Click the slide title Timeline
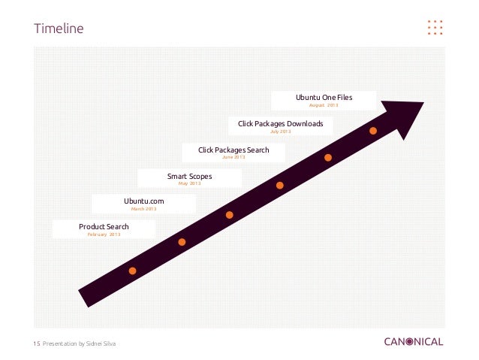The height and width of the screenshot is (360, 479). pos(59,29)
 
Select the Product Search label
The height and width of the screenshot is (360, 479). pos(104,226)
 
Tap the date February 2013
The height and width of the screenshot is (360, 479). pos(104,235)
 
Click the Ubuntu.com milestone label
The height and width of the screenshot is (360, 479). pos(143,201)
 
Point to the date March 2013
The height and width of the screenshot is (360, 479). pos(143,209)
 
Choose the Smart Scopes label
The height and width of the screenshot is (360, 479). pos(189,177)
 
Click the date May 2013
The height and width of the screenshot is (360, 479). pos(189,183)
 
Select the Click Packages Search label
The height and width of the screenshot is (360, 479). pos(233,150)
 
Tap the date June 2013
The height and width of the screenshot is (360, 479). pos(233,157)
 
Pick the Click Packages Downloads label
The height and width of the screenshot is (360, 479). pos(280,123)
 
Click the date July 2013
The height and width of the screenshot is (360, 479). pos(280,132)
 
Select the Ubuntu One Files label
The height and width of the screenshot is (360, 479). pos(324,98)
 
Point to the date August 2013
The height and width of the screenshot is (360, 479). pos(324,105)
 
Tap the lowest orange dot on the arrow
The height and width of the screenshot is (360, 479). pos(133,271)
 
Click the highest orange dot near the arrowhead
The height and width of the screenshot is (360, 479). pos(373,132)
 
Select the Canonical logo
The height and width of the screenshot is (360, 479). pos(414,342)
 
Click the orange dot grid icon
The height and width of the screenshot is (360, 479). pos(435,27)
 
